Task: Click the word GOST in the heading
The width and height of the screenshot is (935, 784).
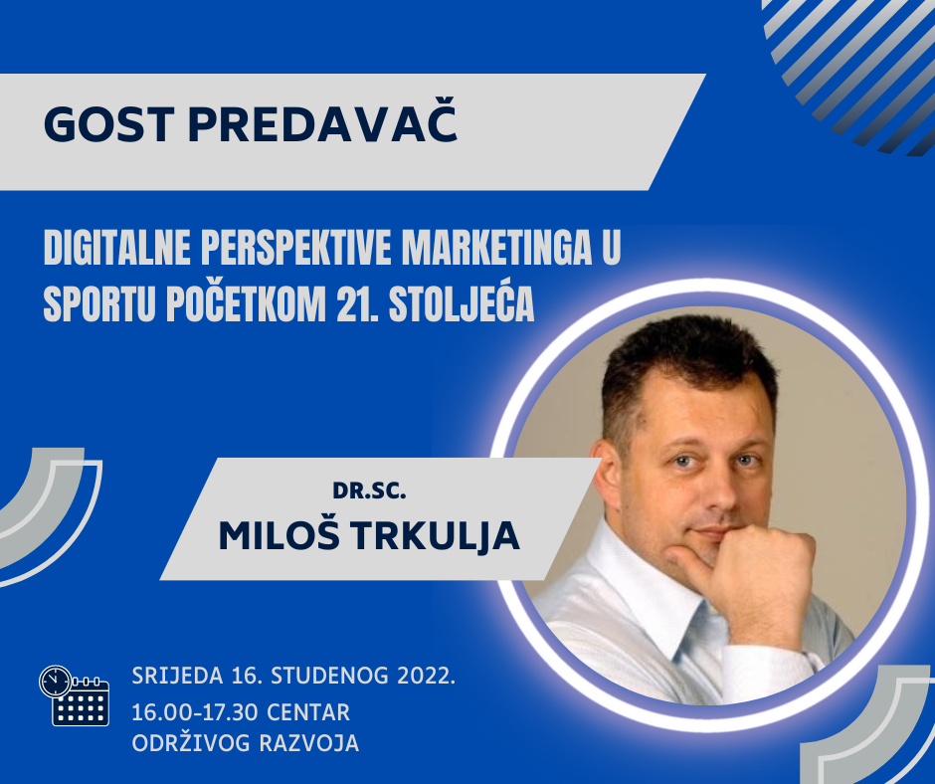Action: click(x=109, y=124)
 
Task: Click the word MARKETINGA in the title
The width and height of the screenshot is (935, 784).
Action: click(x=496, y=248)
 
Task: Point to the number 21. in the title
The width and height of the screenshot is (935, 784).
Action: click(x=356, y=304)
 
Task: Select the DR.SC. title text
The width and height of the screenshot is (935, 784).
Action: click(x=369, y=490)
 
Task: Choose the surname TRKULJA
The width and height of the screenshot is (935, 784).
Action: click(x=436, y=536)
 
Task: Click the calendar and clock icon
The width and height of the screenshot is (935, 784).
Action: click(x=74, y=695)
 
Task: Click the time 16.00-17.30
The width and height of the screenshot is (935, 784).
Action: click(x=194, y=712)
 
